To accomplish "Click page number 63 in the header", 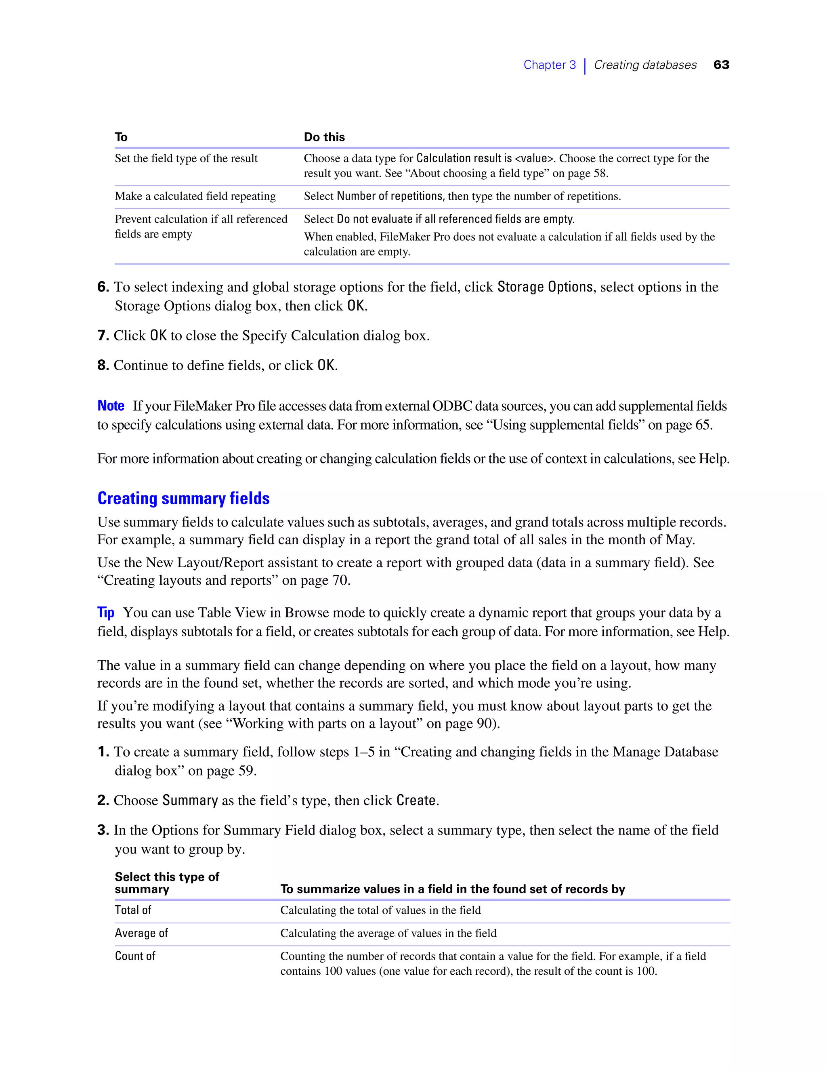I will [x=721, y=65].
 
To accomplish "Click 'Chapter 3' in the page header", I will [x=549, y=65].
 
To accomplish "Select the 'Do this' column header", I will [x=324, y=137].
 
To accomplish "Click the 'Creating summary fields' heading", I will [x=183, y=498].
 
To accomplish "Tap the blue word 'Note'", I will [x=111, y=406].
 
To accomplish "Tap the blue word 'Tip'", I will [x=105, y=613].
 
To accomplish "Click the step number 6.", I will [x=103, y=287].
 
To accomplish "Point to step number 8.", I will [x=103, y=365].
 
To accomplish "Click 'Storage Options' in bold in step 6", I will [x=545, y=287].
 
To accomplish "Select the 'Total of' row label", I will [x=133, y=910].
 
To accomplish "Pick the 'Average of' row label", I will [x=141, y=933].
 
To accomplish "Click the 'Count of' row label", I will [x=135, y=956].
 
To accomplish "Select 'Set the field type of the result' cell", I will [x=186, y=158].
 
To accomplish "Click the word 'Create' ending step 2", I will [x=416, y=800].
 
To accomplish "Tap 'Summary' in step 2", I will [x=190, y=800].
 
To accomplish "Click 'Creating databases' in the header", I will [x=645, y=65].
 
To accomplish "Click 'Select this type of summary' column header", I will [x=167, y=883].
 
